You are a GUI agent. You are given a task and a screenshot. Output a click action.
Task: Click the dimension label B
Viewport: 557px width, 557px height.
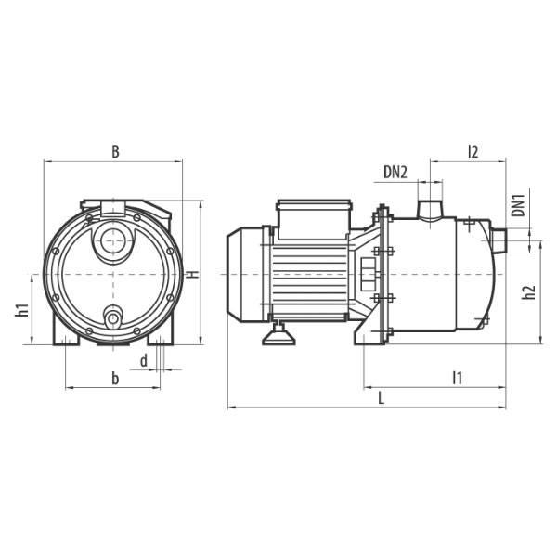(x=115, y=151)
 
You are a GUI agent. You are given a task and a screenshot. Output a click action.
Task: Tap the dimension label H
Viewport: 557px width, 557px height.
(x=193, y=274)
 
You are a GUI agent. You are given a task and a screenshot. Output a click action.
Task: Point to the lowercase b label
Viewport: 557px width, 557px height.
(x=115, y=379)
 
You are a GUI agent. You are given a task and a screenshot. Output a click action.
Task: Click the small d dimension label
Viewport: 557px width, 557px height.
(x=144, y=361)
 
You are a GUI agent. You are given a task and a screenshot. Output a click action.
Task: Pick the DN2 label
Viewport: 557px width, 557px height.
(x=395, y=173)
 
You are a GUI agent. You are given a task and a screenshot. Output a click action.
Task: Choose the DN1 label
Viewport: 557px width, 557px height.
(x=519, y=205)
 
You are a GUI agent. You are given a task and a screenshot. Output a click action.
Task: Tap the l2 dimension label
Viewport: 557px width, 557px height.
(x=473, y=151)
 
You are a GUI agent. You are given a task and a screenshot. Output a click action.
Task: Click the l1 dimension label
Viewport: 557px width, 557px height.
(x=458, y=378)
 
